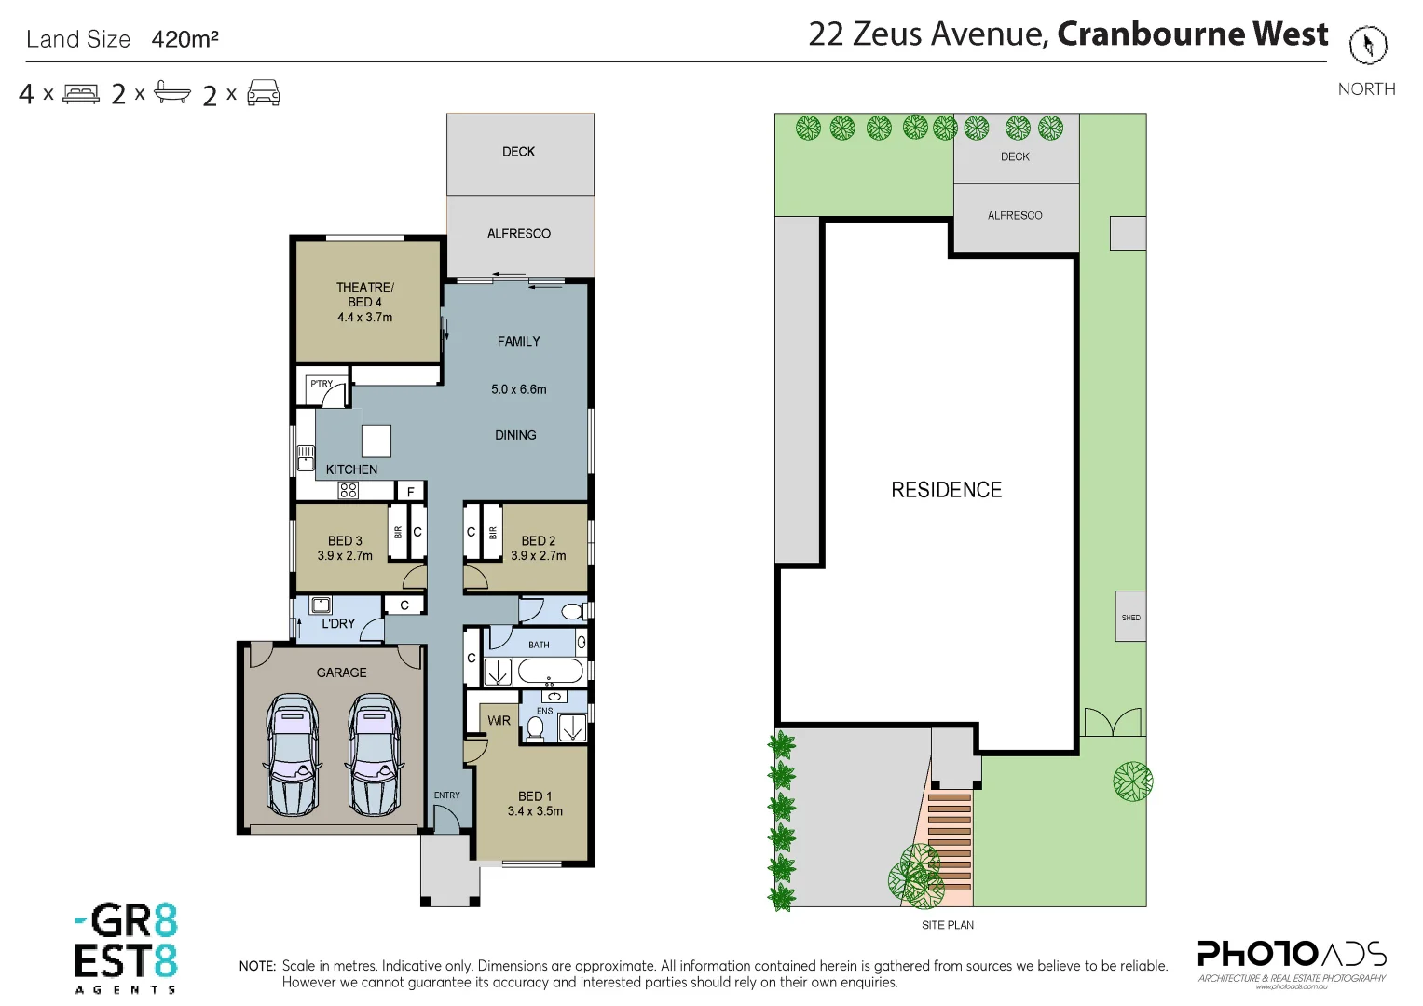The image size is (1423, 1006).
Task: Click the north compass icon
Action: click(x=1367, y=45)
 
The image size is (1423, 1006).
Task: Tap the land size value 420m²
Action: click(x=185, y=39)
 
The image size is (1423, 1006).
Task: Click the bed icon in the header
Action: click(x=81, y=94)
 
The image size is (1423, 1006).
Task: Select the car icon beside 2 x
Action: click(x=264, y=93)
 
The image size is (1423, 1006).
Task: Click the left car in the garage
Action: click(x=293, y=754)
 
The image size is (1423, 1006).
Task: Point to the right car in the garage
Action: click(x=374, y=754)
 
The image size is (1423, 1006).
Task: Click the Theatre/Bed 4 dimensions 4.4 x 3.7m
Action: click(x=364, y=318)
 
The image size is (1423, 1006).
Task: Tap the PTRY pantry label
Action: click(x=322, y=384)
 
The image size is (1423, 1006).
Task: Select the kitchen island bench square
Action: click(x=376, y=441)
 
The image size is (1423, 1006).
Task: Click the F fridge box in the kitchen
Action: click(x=411, y=492)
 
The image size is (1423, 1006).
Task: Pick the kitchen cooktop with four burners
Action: click(x=349, y=491)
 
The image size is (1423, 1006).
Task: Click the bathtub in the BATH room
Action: click(x=550, y=671)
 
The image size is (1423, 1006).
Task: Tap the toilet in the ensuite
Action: click(x=535, y=727)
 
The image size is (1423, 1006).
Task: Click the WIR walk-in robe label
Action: click(x=499, y=720)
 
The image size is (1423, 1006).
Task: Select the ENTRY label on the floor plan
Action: click(x=446, y=795)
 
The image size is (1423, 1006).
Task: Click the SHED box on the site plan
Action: click(x=1130, y=617)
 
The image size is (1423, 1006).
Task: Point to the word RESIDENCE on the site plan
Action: click(x=946, y=490)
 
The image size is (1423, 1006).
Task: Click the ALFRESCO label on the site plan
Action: click(x=1015, y=215)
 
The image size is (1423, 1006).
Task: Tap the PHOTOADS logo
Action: click(x=1292, y=956)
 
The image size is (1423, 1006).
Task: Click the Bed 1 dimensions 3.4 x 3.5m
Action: click(x=535, y=811)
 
